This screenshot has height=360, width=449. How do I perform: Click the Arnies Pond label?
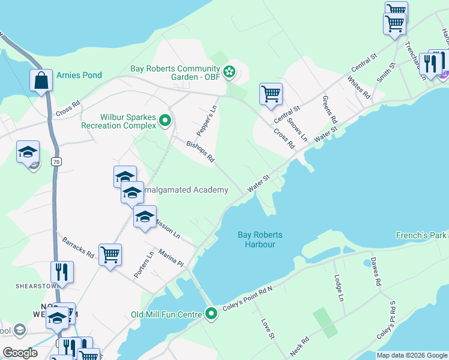[x=79, y=75]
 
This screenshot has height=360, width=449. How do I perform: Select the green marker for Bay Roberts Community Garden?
[x=229, y=73]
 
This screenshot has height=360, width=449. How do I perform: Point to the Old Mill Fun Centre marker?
[x=211, y=314]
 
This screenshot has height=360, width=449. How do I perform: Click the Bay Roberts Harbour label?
[x=260, y=239]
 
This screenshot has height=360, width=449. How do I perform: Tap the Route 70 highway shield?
[x=56, y=161]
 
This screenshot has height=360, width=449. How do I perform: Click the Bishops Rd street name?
[x=200, y=152]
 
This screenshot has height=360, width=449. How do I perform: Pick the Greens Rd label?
[x=330, y=108]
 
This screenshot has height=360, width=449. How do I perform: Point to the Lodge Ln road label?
[x=339, y=288]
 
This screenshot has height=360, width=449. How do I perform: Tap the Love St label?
[x=267, y=328]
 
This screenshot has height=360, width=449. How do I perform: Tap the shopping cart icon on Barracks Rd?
[x=110, y=255]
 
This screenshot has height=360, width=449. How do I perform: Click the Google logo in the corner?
[x=20, y=352]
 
